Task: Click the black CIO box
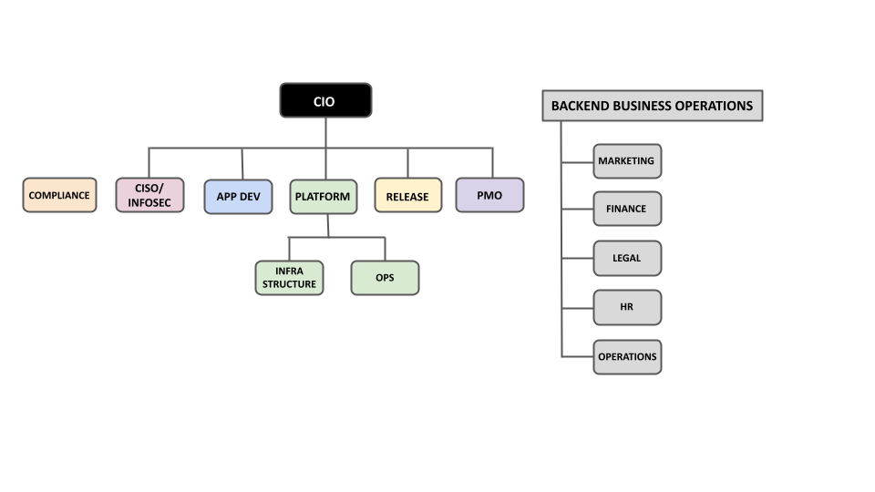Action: (325, 101)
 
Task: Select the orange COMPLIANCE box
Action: (59, 195)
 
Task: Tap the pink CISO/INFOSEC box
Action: (149, 195)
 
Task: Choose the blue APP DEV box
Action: (238, 196)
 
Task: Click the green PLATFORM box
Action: (323, 196)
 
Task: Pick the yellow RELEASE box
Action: (407, 196)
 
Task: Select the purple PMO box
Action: (489, 195)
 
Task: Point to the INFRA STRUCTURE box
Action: (289, 278)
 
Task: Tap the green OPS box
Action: (385, 278)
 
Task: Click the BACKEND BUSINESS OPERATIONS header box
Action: (652, 106)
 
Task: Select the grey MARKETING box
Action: (626, 161)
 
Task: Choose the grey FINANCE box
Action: (626, 209)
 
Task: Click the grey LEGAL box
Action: (626, 258)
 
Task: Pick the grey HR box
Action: (626, 307)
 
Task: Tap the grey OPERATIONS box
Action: (626, 356)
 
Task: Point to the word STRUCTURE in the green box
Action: (289, 284)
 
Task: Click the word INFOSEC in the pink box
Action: (149, 202)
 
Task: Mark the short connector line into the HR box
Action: (577, 308)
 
